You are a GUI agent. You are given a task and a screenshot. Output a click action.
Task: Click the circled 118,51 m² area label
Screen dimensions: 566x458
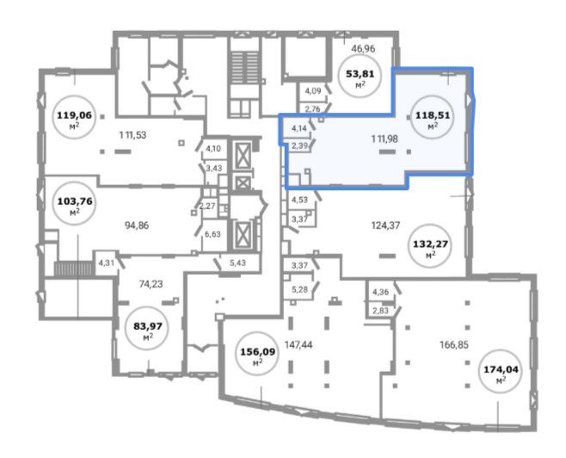pos(433,117)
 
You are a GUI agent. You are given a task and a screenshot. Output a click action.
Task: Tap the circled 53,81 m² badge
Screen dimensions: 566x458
pos(360,76)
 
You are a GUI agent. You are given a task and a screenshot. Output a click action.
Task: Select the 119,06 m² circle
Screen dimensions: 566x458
pos(74,117)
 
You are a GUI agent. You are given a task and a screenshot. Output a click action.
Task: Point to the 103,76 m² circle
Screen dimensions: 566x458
pos(75,203)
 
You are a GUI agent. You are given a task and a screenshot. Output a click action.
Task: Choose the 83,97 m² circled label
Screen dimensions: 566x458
pos(148,328)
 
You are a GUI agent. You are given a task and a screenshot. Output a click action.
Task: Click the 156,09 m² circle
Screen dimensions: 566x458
pos(257,353)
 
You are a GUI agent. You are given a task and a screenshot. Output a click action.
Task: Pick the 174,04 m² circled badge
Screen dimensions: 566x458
pos(501,371)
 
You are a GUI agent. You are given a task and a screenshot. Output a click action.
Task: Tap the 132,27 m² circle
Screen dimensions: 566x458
pos(430,245)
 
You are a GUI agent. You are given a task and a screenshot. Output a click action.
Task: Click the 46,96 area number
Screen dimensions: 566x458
pos(363,48)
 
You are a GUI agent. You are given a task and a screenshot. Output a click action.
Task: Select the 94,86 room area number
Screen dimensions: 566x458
pos(137,226)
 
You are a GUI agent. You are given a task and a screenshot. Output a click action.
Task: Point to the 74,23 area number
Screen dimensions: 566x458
pos(151,284)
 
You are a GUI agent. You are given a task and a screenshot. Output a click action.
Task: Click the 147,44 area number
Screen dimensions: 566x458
pos(298,345)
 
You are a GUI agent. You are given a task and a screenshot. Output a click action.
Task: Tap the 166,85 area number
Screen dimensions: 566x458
pos(454,345)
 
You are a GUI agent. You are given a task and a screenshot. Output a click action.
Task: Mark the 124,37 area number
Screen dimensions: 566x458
pos(386,226)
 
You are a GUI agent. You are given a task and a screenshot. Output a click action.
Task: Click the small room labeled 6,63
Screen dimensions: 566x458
pos(214,237)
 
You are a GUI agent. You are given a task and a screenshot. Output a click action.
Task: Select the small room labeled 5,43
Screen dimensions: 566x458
pos(238,263)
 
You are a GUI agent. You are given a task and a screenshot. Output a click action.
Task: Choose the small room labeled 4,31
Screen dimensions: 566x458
pos(106,263)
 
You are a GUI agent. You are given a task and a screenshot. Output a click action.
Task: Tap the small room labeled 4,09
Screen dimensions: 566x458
pos(311,91)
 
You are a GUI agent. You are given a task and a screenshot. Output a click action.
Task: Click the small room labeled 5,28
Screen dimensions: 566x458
pos(299,289)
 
